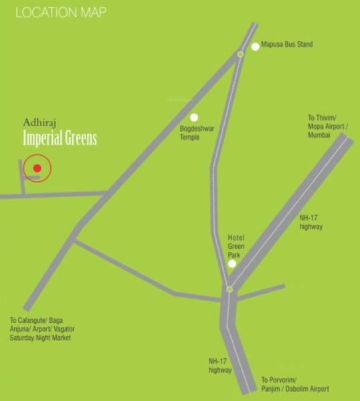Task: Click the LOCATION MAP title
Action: pyautogui.click(x=61, y=12)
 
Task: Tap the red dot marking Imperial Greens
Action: pyautogui.click(x=37, y=168)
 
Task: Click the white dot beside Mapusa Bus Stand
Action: pyautogui.click(x=255, y=46)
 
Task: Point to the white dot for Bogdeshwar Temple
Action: pyautogui.click(x=194, y=118)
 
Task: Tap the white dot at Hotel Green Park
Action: pyautogui.click(x=232, y=264)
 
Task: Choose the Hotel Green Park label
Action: pyautogui.click(x=236, y=247)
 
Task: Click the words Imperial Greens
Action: pyautogui.click(x=60, y=138)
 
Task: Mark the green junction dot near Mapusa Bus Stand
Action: pyautogui.click(x=240, y=54)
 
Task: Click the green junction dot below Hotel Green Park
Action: pyautogui.click(x=230, y=289)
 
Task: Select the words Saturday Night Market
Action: pyautogui.click(x=40, y=338)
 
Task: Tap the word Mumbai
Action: pyautogui.click(x=319, y=135)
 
